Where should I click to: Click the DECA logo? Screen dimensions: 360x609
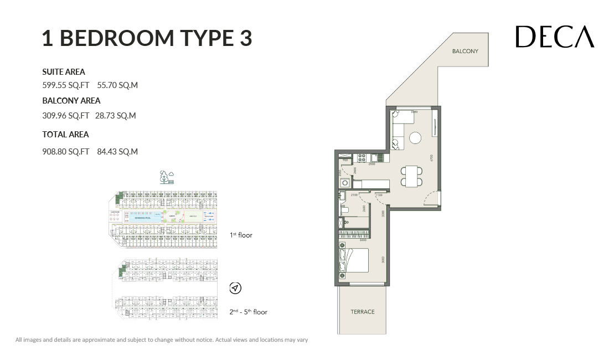click(555, 37)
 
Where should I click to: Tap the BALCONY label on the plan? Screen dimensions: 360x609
click(465, 52)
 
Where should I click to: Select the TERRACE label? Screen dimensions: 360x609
click(362, 312)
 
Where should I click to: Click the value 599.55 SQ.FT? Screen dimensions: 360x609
click(65, 85)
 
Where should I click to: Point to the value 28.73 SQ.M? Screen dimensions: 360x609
click(115, 116)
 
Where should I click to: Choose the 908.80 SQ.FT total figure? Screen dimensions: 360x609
click(65, 151)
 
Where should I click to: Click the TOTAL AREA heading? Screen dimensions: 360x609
click(65, 134)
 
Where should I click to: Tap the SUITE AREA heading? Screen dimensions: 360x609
click(64, 71)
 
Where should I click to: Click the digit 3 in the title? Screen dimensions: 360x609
click(245, 38)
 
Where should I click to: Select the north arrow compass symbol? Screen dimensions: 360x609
click(235, 288)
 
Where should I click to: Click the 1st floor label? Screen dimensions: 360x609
click(241, 235)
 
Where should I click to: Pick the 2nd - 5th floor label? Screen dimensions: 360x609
click(249, 312)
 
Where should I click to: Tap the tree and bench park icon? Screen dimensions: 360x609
click(166, 177)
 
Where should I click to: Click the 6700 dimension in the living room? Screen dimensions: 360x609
click(431, 158)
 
